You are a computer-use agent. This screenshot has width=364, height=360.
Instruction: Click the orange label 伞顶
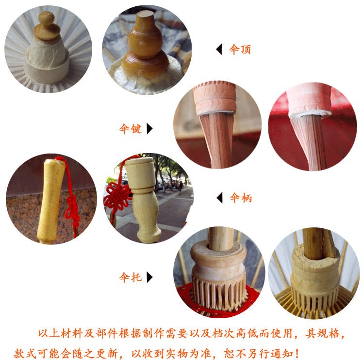(240, 49)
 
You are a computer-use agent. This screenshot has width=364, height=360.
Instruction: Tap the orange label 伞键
(131, 129)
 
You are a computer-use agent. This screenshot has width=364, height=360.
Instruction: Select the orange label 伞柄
(241, 198)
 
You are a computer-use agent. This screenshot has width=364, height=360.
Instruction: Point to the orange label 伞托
(131, 277)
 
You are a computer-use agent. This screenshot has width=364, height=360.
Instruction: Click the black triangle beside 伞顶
(219, 49)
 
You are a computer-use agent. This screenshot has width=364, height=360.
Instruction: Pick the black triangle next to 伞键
(150, 129)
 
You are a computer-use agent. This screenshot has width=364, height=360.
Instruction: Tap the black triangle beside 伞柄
(219, 198)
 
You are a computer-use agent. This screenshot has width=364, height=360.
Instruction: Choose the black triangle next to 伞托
(150, 277)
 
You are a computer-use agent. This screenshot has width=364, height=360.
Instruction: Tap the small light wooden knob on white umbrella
(47, 26)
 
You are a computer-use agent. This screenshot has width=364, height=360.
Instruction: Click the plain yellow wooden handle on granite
(51, 200)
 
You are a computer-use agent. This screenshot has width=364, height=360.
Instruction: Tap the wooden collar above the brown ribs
(215, 98)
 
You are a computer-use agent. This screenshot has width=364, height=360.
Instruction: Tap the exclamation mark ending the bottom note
(297, 354)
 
